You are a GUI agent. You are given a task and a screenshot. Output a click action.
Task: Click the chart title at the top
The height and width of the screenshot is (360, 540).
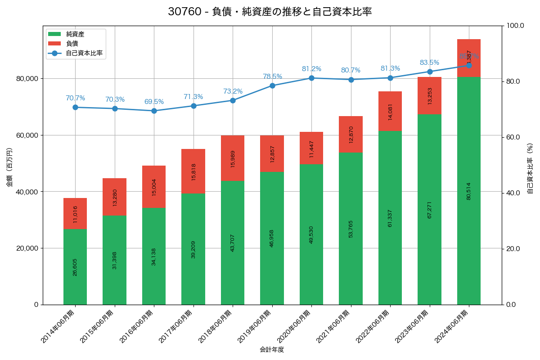tap(270, 12)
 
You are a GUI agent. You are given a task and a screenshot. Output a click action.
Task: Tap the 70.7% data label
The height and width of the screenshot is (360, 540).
tap(75, 98)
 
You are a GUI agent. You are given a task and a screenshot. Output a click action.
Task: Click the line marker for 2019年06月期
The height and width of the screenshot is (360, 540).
tap(272, 85)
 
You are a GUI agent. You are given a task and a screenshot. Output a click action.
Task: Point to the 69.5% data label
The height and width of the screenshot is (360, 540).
tap(154, 102)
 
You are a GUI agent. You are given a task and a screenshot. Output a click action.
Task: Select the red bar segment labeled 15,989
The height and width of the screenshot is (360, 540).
tap(233, 158)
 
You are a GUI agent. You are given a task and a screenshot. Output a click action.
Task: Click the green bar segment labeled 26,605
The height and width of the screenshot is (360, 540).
tap(75, 267)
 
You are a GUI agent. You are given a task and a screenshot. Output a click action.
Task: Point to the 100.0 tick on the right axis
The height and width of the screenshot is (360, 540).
tap(515, 26)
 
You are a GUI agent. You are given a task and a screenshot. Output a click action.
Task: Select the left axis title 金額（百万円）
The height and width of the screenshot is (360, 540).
tap(9, 167)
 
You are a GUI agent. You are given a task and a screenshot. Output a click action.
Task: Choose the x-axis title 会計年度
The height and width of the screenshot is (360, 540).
tap(272, 350)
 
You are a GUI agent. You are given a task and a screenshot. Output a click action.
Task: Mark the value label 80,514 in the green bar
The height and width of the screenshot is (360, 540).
tap(469, 191)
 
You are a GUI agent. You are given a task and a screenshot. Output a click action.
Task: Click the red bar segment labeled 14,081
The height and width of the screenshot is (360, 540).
tap(390, 111)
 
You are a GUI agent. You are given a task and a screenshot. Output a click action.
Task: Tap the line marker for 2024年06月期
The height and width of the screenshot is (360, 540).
tap(469, 65)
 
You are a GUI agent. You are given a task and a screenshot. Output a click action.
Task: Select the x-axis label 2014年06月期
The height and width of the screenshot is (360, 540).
tap(58, 327)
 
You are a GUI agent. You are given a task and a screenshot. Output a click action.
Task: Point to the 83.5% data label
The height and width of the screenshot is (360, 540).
tap(429, 63)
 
